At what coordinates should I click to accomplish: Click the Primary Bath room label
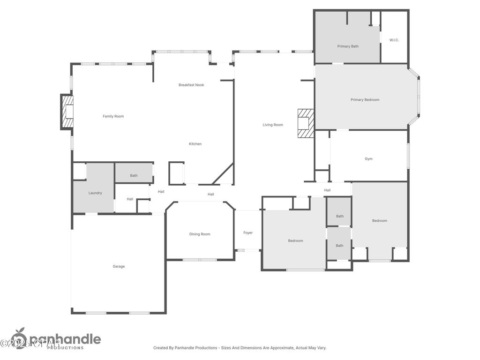(x=348, y=46)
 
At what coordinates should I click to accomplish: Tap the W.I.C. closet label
(x=394, y=40)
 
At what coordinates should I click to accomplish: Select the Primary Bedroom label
(x=365, y=100)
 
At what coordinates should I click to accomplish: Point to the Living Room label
(x=273, y=125)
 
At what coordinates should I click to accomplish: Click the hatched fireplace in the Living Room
(x=306, y=123)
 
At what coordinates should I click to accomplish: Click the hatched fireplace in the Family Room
(x=67, y=112)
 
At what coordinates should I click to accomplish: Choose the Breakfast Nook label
(x=191, y=85)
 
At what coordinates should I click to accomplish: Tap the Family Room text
(x=113, y=116)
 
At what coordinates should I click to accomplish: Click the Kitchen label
(x=195, y=144)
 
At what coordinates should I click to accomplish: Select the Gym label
(x=368, y=159)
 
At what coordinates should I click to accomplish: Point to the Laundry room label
(x=95, y=193)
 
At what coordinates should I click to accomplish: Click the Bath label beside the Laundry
(x=134, y=176)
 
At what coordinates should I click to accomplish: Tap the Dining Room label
(x=200, y=234)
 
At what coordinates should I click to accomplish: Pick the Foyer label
(x=247, y=233)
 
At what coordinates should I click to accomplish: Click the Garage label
(x=119, y=267)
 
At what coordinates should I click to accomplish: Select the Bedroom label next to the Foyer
(x=295, y=241)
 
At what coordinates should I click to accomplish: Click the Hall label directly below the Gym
(x=327, y=190)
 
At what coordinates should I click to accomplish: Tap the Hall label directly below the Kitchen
(x=211, y=195)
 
